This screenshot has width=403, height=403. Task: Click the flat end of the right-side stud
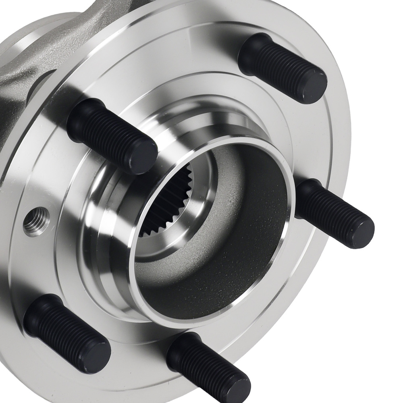[x=361, y=233]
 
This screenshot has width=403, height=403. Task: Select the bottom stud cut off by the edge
[x=206, y=367]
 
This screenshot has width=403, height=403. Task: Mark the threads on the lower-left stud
[x=69, y=332]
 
